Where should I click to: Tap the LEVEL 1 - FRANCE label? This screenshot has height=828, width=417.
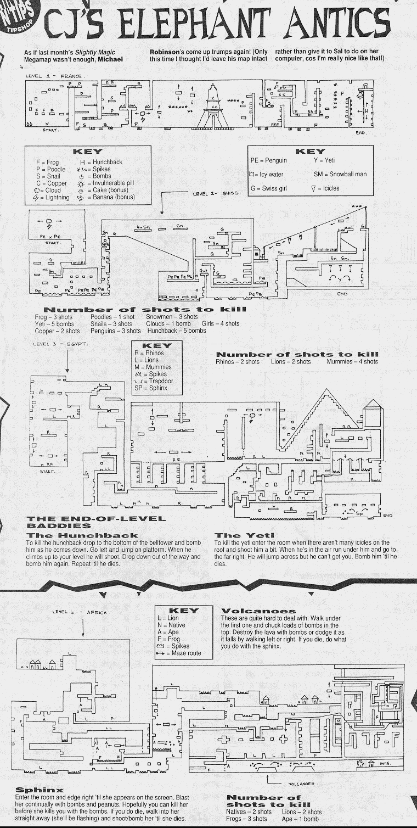[x=53, y=76]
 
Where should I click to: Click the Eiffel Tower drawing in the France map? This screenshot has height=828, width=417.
[x=213, y=107]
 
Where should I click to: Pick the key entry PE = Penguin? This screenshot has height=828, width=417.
[x=269, y=160]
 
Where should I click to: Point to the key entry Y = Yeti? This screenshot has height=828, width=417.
[x=324, y=160]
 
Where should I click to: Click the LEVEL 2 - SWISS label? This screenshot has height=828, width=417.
[x=216, y=193]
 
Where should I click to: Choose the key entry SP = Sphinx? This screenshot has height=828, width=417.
[x=151, y=388]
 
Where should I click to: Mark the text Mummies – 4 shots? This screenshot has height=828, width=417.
[x=352, y=362]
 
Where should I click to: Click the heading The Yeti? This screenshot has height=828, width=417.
[x=236, y=535]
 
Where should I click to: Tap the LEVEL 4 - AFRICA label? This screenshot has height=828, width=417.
[x=81, y=612]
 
